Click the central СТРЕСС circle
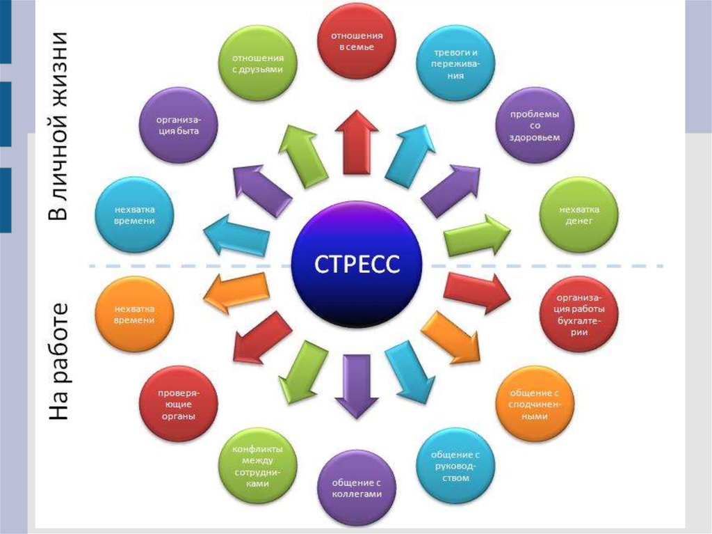click(356, 265)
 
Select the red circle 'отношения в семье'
click(357, 41)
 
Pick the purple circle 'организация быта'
click(179, 125)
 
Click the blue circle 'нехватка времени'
click(134, 214)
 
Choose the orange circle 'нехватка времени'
click(134, 314)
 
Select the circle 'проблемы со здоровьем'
click(535, 126)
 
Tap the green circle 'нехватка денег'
click(579, 215)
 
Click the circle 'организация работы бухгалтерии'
click(579, 315)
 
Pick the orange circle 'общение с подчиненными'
click(534, 402)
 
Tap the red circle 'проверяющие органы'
click(179, 402)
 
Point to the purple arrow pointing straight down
click(357, 386)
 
